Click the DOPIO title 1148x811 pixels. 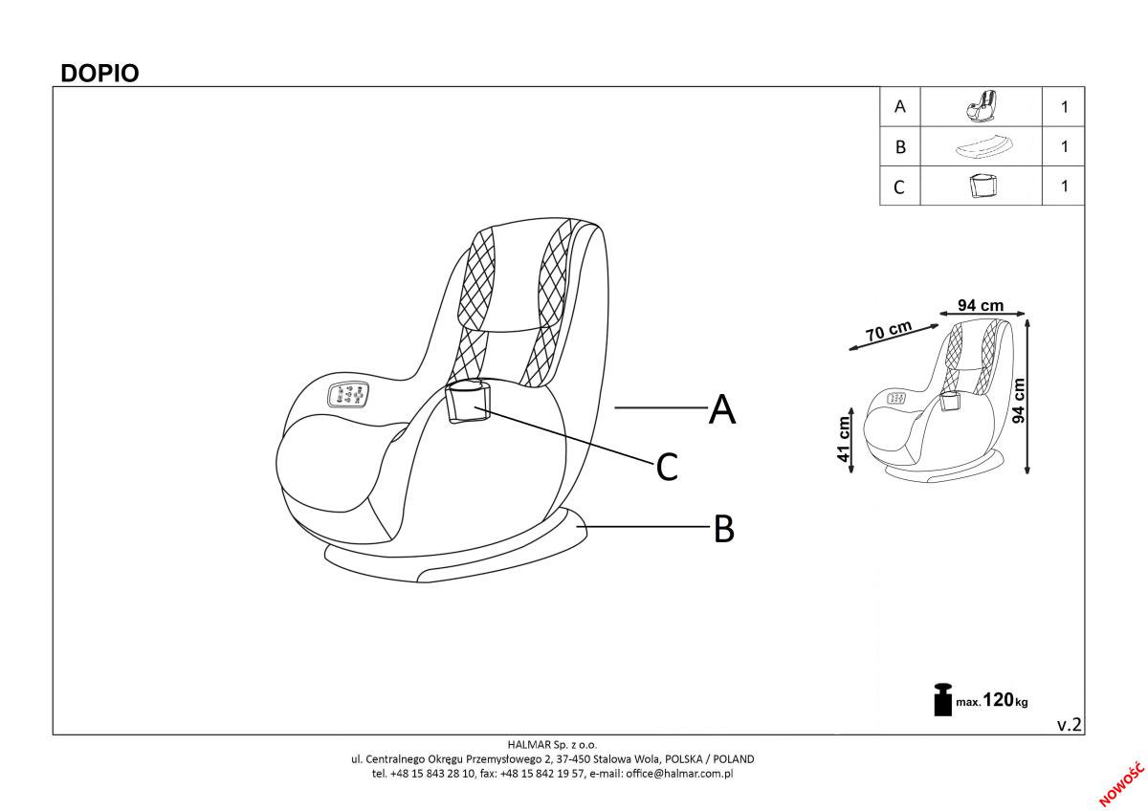click(x=99, y=74)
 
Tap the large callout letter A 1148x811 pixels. click(x=722, y=408)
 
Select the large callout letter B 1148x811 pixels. click(x=723, y=529)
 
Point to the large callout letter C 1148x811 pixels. click(x=667, y=466)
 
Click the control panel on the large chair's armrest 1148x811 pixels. click(x=348, y=396)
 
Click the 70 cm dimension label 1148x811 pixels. click(x=888, y=331)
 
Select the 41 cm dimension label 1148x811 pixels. click(x=844, y=439)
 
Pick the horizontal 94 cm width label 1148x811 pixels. click(x=981, y=305)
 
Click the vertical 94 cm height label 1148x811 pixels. click(x=1018, y=400)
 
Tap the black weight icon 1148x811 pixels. click(x=942, y=699)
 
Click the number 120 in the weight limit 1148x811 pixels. click(x=999, y=699)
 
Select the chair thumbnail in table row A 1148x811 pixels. click(x=981, y=106)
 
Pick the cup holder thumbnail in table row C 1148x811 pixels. click(x=983, y=186)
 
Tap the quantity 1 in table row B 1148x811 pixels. click(x=1065, y=146)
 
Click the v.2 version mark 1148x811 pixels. click(x=1070, y=725)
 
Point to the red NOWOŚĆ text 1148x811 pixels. click(x=1121, y=784)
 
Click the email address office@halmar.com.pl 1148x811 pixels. click(x=679, y=774)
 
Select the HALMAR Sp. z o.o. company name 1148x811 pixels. click(x=553, y=744)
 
